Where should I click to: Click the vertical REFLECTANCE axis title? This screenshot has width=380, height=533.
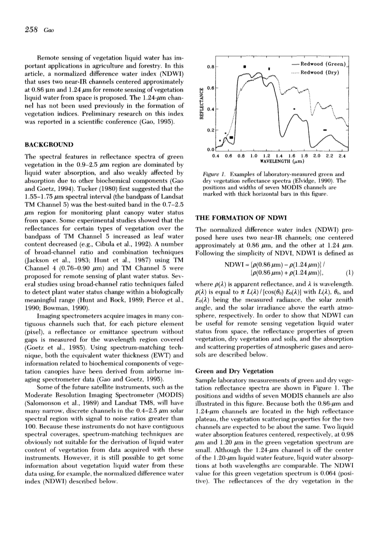pyautogui.click(x=196, y=107)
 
